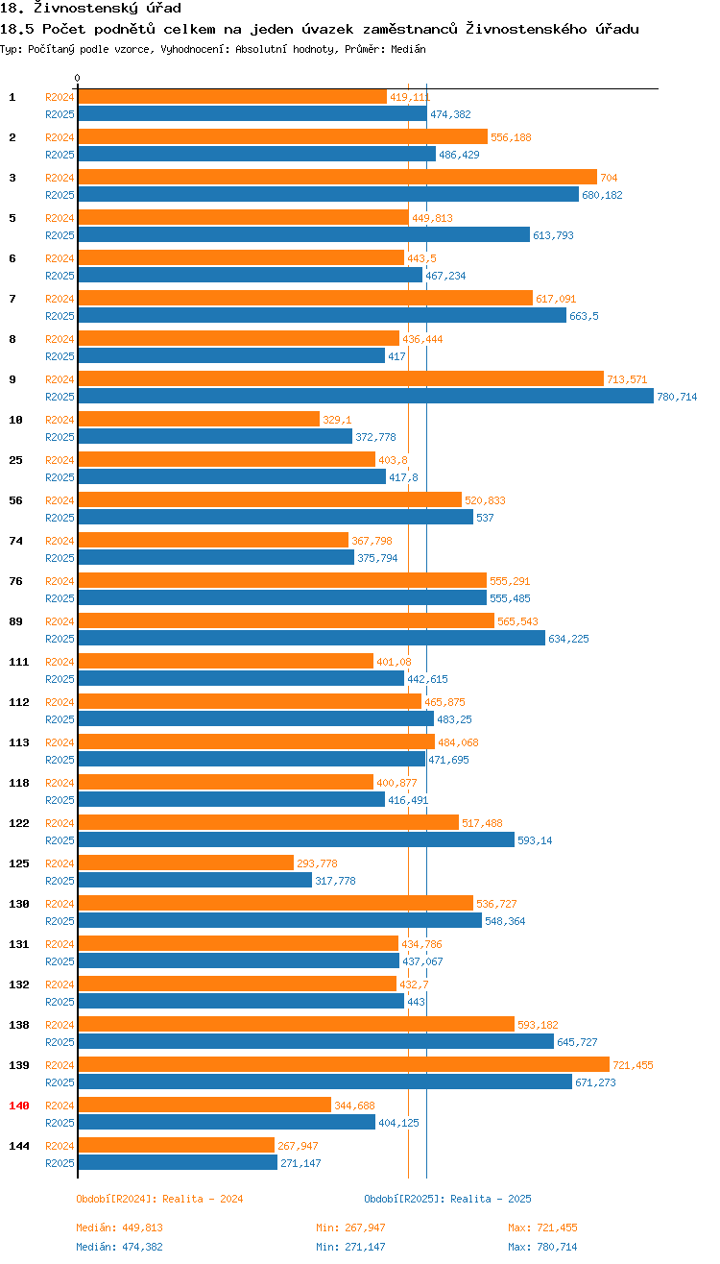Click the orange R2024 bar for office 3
point(337,177)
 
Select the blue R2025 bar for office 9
point(366,396)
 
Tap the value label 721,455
point(633,1065)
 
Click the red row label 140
point(19,1106)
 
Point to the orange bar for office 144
point(176,1145)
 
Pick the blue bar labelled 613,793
point(303,234)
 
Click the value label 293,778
point(317,863)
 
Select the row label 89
point(15,621)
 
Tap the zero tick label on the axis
point(78,78)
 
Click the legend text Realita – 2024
point(202,1199)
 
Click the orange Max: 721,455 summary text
point(542,1228)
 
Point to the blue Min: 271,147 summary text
point(350,1247)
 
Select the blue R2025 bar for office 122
point(296,839)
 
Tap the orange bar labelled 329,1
point(199,419)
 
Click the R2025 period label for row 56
point(60,518)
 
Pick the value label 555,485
point(510,598)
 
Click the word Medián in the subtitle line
point(408,48)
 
